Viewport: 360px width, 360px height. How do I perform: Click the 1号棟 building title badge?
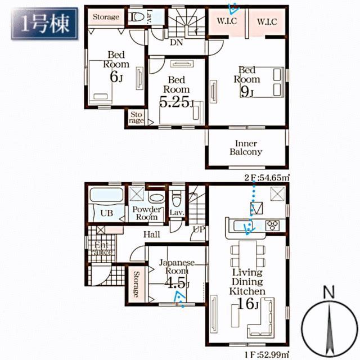(44, 24)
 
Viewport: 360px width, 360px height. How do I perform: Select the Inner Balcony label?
(246, 147)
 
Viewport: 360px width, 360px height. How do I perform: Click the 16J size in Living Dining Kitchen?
(248, 303)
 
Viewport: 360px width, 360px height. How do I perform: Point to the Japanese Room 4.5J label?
(177, 274)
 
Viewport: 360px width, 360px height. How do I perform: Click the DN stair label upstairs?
(177, 42)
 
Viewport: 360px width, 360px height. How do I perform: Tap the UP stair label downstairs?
(199, 229)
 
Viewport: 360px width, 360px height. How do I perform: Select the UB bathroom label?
(107, 213)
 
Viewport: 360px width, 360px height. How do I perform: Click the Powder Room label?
(146, 213)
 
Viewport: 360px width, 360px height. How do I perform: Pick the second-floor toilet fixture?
(136, 17)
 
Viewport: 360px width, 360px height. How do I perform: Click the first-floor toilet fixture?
(177, 200)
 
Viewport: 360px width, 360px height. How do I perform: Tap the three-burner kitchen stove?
(272, 225)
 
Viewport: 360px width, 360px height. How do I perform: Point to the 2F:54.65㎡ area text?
(267, 178)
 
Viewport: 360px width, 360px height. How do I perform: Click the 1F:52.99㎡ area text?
(267, 355)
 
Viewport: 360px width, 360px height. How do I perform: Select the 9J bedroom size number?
(247, 91)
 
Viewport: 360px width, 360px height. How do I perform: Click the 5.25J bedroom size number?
(177, 101)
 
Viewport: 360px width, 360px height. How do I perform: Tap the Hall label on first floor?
(151, 235)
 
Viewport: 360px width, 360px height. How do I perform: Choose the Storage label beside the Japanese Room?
(136, 284)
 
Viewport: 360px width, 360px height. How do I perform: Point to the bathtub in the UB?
(106, 195)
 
